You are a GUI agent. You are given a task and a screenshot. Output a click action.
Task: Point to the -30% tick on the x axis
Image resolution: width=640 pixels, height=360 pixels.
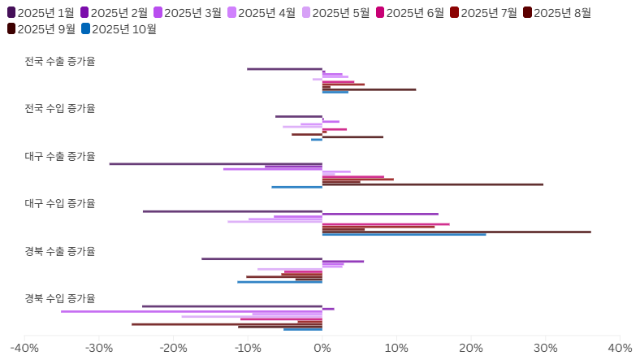coord(99,348)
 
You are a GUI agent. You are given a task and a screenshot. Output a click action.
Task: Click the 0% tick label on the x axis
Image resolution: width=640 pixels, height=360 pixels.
coord(322,348)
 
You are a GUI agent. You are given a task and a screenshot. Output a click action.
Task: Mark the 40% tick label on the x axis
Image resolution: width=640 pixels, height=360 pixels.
coord(620,348)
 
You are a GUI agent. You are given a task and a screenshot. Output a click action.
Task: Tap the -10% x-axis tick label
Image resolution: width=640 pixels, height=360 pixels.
coord(248,348)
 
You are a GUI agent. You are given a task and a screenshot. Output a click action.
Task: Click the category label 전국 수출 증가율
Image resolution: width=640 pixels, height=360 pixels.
coord(60,61)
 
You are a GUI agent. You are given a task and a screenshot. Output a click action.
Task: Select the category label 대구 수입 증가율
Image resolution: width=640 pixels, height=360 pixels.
coord(60,203)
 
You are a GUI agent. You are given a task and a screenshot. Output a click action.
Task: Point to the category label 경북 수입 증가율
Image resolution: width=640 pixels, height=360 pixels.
coord(60,298)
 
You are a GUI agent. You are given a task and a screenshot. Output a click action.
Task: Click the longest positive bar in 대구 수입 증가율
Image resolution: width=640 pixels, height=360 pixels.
coord(456,232)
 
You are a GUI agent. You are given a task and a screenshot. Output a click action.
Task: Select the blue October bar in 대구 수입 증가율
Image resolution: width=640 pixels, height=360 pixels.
coord(404,235)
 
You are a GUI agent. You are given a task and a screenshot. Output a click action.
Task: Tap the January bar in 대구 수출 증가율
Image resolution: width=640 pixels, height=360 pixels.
coord(216,164)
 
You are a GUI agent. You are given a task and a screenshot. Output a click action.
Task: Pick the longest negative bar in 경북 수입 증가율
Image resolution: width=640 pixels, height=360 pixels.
coord(192,311)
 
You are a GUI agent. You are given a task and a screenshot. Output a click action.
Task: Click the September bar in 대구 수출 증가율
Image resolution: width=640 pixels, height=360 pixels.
coord(433,184)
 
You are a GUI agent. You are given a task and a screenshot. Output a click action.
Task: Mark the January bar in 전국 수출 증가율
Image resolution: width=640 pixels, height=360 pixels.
coord(284,69)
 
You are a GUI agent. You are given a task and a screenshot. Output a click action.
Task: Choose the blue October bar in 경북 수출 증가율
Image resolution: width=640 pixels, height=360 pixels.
coord(279,282)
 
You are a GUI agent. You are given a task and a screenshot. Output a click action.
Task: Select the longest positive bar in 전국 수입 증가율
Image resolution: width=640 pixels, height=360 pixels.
coord(352,137)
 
